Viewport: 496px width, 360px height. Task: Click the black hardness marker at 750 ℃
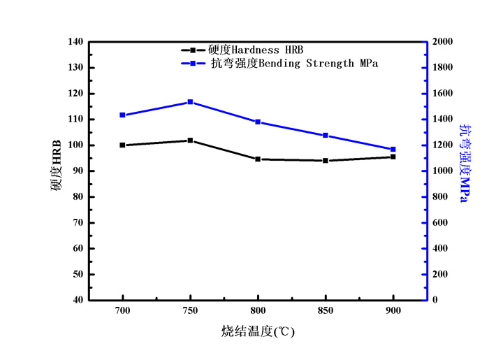pyautogui.click(x=190, y=141)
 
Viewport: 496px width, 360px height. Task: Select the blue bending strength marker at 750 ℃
pyautogui.click(x=190, y=102)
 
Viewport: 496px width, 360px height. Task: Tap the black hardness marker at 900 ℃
pyautogui.click(x=393, y=157)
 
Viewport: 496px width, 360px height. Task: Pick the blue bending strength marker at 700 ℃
pyautogui.click(x=122, y=115)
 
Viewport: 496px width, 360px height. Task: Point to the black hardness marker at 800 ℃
pyautogui.click(x=258, y=159)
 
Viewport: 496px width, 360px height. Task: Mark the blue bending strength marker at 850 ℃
pyautogui.click(x=326, y=136)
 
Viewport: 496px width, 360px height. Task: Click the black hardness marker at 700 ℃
pyautogui.click(x=122, y=145)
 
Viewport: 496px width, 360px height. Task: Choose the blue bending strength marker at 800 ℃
pyautogui.click(x=258, y=122)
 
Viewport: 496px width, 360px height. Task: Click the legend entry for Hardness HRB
pyautogui.click(x=256, y=50)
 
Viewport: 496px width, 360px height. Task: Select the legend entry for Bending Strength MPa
pyautogui.click(x=294, y=64)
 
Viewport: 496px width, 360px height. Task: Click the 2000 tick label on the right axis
pyautogui.click(x=444, y=42)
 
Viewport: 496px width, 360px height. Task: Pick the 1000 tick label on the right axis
pyautogui.click(x=444, y=171)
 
